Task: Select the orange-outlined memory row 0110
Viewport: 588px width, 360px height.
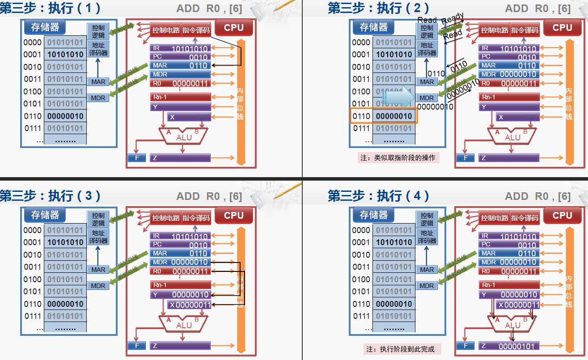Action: (384, 116)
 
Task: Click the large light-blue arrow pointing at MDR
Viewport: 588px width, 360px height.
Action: (399, 97)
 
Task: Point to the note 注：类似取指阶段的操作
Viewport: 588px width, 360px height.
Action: (398, 157)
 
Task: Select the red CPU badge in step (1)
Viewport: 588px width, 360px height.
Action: (234, 27)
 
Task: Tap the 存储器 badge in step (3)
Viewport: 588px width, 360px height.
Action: (45, 215)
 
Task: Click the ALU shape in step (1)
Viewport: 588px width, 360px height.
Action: (183, 136)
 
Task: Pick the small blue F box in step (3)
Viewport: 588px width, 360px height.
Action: (137, 346)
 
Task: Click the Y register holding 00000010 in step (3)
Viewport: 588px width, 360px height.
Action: (181, 294)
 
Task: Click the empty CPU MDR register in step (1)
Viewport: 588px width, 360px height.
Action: (181, 74)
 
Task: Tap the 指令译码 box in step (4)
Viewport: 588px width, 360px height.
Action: (525, 218)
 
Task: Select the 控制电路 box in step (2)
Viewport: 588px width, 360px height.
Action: (494, 30)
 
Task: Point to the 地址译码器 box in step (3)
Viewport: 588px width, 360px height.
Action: (98, 237)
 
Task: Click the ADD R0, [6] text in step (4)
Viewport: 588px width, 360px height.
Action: (537, 196)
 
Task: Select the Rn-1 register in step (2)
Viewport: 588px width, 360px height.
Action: (509, 97)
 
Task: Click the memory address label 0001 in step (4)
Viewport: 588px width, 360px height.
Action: (361, 242)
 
